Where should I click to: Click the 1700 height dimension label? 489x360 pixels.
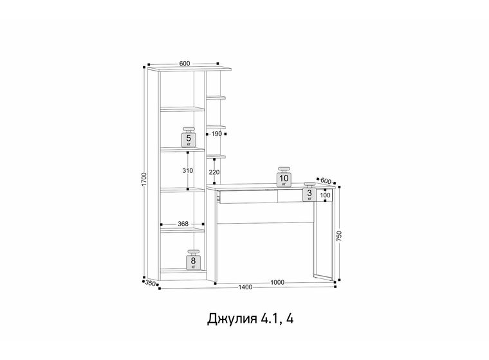click(x=143, y=179)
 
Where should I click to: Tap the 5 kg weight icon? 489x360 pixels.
click(x=189, y=137)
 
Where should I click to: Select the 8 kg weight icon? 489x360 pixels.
click(x=194, y=260)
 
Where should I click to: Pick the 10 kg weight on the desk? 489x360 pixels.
click(x=284, y=177)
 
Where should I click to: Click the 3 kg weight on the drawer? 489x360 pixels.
click(x=309, y=192)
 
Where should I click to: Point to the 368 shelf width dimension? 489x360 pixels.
click(x=183, y=224)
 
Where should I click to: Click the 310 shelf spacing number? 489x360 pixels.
click(x=188, y=170)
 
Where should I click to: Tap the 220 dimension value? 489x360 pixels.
click(x=214, y=172)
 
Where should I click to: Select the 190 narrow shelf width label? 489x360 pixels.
click(x=216, y=134)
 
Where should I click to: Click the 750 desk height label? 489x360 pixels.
click(x=339, y=235)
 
